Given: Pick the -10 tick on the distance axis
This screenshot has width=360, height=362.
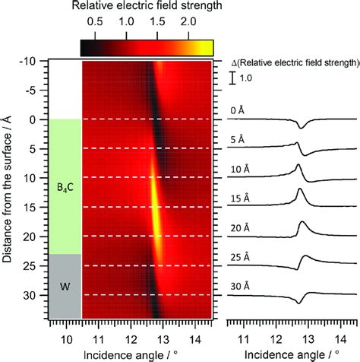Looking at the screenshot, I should (30, 62).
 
